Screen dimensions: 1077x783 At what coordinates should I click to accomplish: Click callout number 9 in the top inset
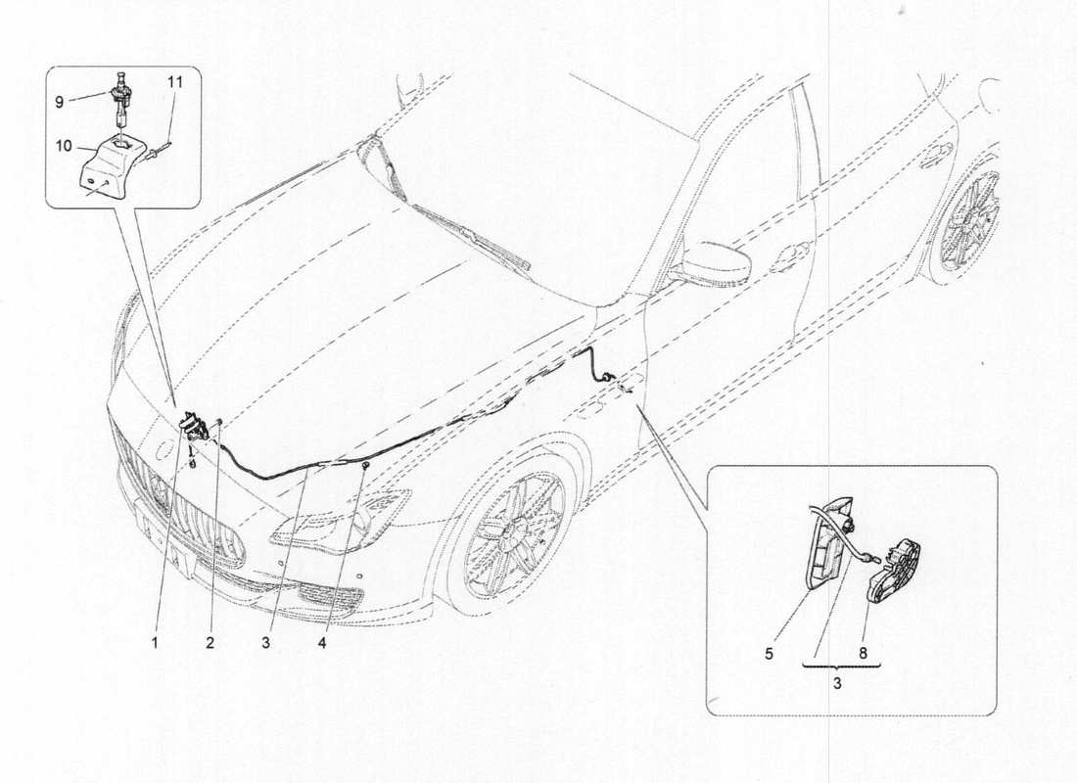tap(59, 102)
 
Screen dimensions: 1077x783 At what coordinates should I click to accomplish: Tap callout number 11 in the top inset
tap(175, 82)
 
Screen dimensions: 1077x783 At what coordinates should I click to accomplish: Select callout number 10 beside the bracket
tap(64, 146)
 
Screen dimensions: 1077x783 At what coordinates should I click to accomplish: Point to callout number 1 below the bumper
tap(156, 643)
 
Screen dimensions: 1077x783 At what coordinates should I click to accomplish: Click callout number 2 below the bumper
tap(210, 643)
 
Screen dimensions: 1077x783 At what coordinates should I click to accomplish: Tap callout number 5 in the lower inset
tap(769, 654)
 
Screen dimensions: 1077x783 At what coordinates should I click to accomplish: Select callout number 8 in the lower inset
tap(863, 654)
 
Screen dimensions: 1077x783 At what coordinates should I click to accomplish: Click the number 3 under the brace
tap(837, 684)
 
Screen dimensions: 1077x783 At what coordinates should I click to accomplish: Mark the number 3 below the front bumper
tap(264, 643)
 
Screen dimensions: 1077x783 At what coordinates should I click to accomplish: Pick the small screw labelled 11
tap(160, 151)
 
